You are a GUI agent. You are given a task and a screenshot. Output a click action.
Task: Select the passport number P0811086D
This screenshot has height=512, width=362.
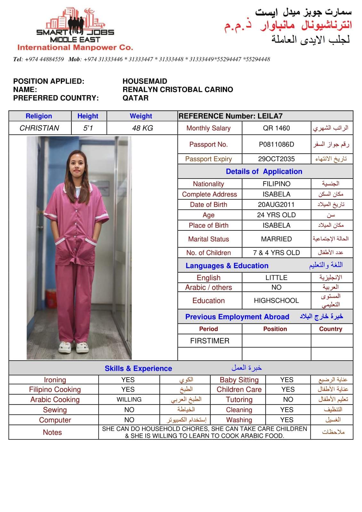tap(276, 144)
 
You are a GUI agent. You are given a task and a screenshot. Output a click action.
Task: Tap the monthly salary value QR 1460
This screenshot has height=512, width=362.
tap(276, 128)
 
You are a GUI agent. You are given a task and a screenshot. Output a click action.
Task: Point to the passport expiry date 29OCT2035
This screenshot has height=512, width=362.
tap(276, 159)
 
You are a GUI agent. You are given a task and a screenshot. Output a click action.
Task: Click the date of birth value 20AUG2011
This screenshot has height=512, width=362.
tap(276, 205)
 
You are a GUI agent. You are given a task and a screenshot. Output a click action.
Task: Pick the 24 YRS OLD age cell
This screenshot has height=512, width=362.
tap(276, 215)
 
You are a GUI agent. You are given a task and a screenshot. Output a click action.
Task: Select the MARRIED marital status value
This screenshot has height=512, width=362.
tap(276, 239)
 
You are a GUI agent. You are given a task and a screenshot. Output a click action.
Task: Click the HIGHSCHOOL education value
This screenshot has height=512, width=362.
tap(276, 301)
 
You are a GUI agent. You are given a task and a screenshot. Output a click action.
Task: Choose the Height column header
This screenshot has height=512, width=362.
tap(88, 116)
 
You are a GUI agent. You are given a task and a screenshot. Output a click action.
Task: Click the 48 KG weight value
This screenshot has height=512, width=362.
tap(142, 128)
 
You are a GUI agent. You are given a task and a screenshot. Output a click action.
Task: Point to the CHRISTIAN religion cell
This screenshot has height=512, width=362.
tap(39, 128)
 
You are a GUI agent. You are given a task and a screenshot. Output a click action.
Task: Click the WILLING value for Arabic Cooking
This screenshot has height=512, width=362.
tap(129, 400)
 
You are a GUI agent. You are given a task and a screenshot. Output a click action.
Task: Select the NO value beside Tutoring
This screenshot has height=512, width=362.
tap(288, 400)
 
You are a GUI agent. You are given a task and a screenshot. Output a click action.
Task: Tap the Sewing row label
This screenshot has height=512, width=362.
tap(55, 410)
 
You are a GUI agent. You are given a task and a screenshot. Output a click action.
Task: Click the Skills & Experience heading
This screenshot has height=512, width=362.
tap(138, 369)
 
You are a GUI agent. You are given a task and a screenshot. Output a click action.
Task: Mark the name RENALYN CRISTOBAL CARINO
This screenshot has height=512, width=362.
tap(178, 90)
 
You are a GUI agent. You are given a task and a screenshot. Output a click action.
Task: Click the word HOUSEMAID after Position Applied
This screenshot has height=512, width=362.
tap(145, 81)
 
